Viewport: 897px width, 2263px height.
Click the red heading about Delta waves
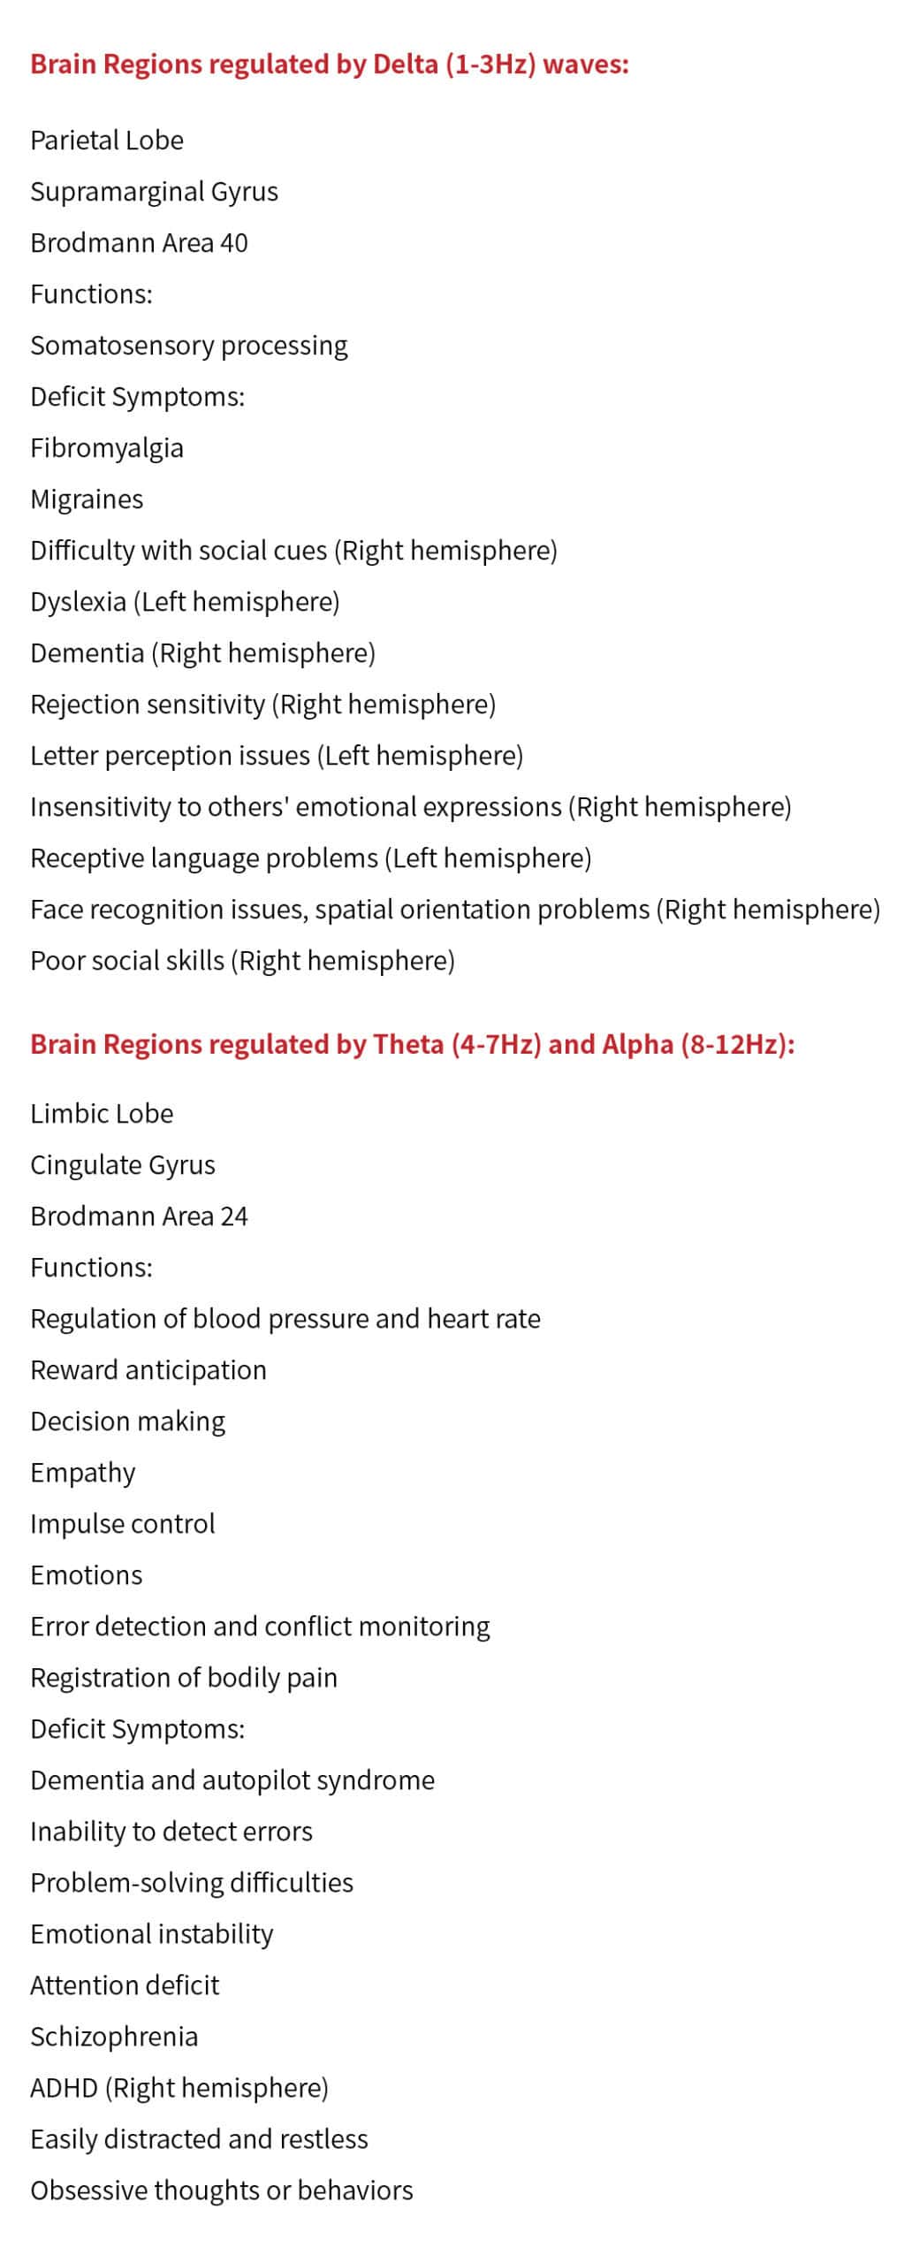[329, 65]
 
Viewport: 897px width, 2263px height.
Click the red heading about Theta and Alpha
[412, 1044]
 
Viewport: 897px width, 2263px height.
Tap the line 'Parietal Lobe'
[107, 141]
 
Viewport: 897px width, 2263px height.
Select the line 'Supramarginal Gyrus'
[154, 192]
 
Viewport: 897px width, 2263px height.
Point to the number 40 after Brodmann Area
[233, 243]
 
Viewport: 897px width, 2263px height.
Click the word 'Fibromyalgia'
[107, 448]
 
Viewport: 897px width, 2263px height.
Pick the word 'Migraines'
[87, 499]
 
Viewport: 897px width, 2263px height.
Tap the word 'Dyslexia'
[78, 602]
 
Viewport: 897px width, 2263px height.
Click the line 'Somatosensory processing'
[188, 346]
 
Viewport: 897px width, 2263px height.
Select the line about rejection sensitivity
[262, 705]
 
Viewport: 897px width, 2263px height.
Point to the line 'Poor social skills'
[242, 961]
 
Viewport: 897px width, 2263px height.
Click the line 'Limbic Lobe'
[102, 1114]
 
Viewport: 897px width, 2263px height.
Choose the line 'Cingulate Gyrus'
[122, 1165]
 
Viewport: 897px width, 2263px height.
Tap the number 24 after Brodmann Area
[233, 1216]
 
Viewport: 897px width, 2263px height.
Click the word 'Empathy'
[82, 1473]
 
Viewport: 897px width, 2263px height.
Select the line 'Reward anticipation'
[148, 1370]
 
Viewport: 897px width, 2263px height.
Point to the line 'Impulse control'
[122, 1524]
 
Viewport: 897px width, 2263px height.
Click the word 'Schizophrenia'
[114, 2037]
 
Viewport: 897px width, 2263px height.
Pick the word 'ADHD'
[64, 2088]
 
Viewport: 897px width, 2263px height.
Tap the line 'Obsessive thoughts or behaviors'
[221, 2191]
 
